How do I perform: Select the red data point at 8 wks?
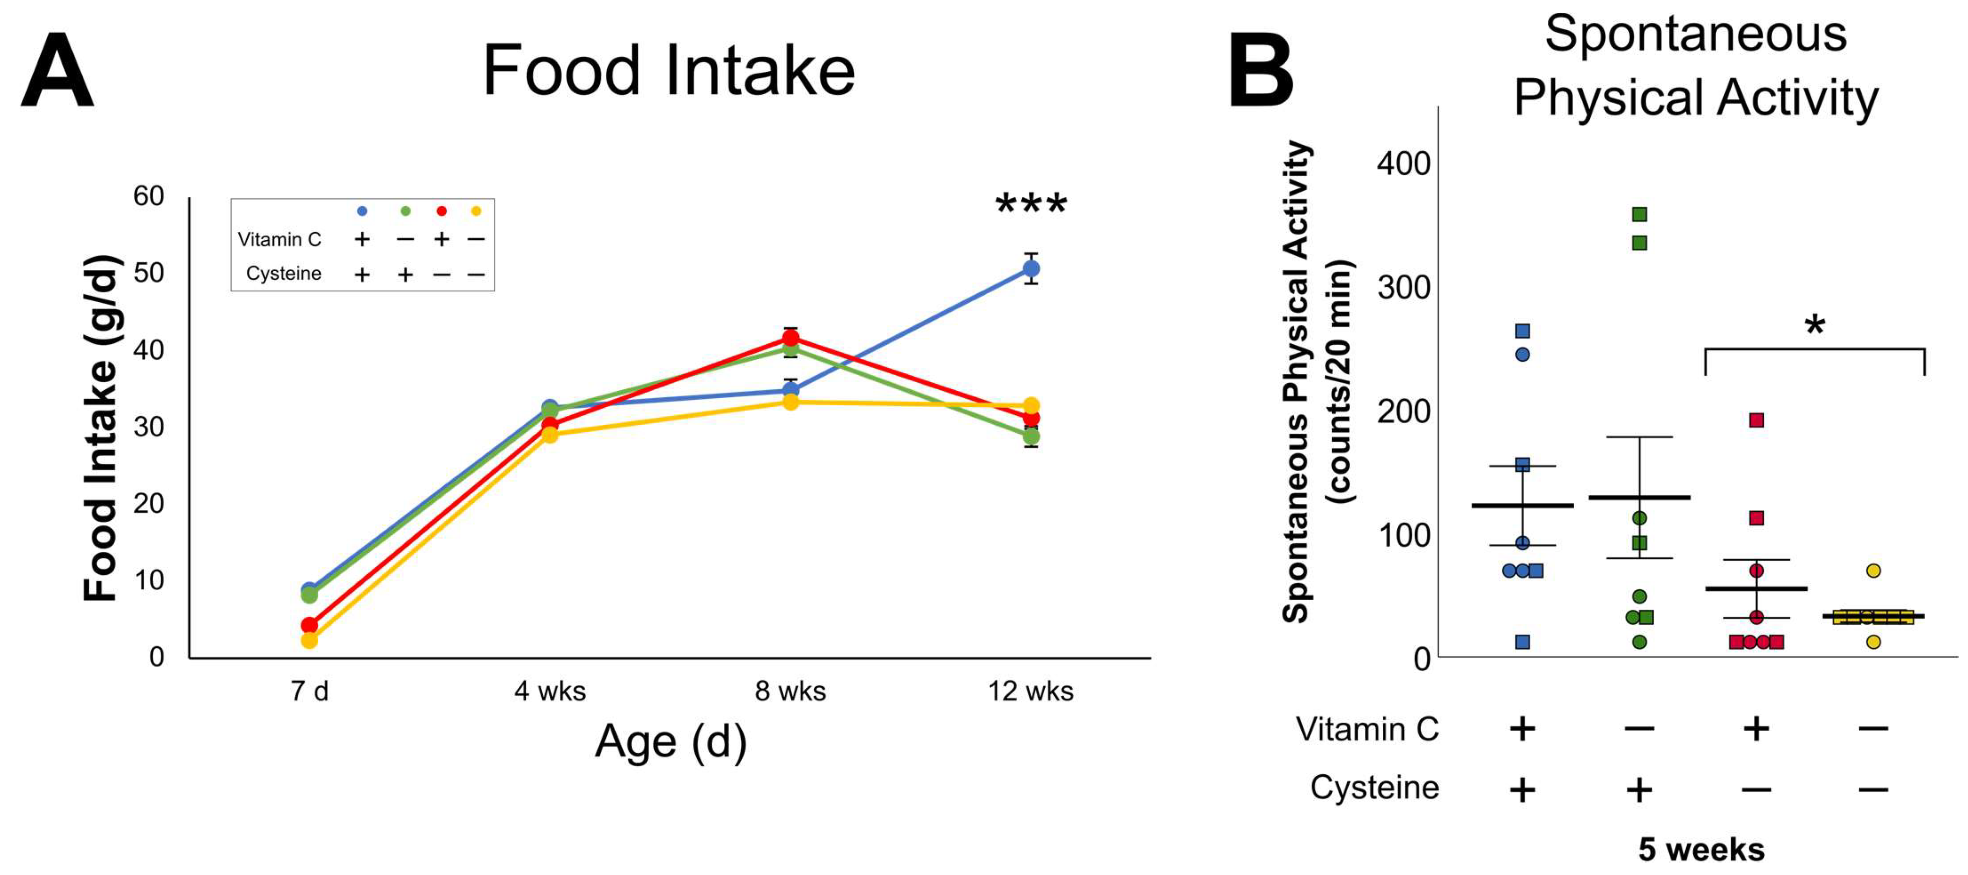[791, 339]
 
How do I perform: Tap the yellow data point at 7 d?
[310, 639]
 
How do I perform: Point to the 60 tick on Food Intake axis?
[149, 196]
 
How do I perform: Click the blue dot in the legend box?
[362, 211]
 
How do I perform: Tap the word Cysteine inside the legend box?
[284, 273]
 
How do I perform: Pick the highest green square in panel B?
[1639, 215]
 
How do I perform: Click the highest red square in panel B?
[1756, 420]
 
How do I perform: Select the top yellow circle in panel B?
[1873, 571]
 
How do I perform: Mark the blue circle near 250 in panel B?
[1523, 355]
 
